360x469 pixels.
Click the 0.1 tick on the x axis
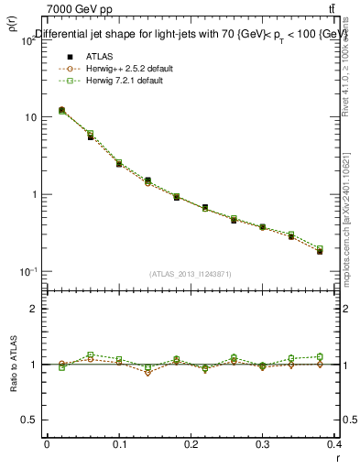119,443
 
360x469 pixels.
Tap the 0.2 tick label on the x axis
191,443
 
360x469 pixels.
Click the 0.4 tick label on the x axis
335,443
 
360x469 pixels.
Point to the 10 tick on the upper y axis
30,117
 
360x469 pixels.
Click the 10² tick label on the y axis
28,39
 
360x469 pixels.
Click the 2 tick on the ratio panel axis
35,309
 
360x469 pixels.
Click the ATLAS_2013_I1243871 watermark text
191,274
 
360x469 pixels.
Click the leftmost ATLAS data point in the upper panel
61,110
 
